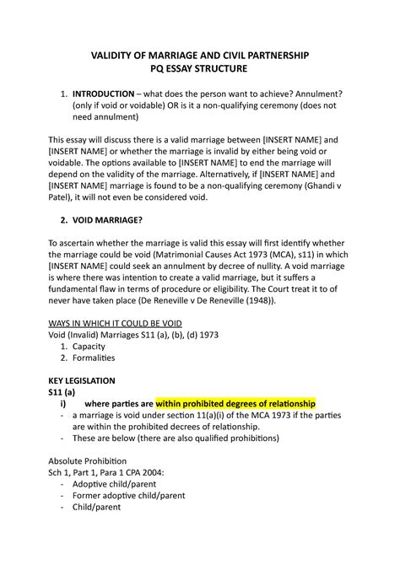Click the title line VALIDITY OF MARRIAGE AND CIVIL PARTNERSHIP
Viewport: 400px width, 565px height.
199,55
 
